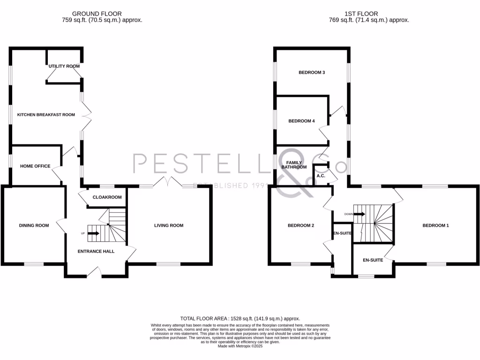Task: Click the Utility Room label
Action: [64, 67]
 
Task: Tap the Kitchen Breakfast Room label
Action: [46, 115]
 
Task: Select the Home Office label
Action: [35, 166]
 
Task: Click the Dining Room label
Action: [34, 225]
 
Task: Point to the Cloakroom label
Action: [107, 197]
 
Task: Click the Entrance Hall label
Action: [96, 251]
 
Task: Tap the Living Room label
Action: [169, 225]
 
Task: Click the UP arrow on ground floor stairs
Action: [93, 233]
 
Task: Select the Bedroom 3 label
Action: [312, 73]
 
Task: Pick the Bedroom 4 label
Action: [301, 121]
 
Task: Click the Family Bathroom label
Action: [294, 165]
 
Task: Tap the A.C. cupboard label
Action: [321, 176]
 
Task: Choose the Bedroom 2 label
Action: [300, 225]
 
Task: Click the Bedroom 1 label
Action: [435, 225]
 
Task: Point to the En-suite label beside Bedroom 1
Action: [373, 260]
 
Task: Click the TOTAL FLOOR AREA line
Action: [240, 318]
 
